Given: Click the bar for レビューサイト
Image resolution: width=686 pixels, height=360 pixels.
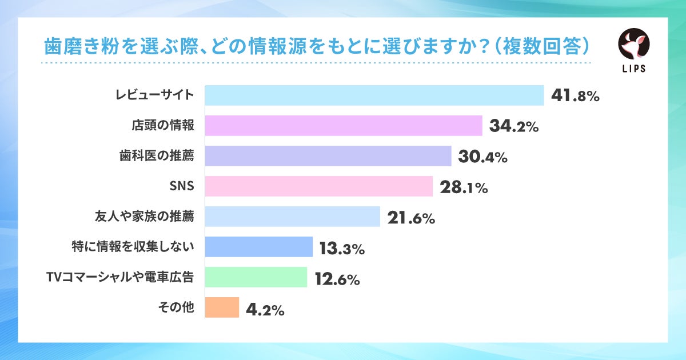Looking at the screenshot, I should point(374,95).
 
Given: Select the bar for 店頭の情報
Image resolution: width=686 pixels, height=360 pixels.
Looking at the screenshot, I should point(343,126).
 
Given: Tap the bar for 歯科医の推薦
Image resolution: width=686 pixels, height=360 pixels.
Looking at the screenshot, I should point(328,156).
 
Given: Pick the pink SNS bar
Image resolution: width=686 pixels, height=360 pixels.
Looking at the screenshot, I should point(318,186).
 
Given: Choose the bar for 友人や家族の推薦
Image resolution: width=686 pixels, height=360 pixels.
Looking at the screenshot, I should point(292,217).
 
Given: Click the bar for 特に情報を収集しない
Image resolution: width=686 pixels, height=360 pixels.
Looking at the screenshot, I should point(258,247).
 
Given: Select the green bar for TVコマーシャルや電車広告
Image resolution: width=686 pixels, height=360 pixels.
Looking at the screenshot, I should point(256,277).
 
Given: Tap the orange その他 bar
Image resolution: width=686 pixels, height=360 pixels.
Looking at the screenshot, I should point(222,307).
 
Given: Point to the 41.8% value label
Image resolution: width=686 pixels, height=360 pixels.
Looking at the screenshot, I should point(575,96).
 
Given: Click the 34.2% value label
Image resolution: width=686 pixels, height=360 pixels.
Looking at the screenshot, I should point(513,126).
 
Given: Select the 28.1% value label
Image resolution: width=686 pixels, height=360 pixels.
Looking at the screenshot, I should point(463,187).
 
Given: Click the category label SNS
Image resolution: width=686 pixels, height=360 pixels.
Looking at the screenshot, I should point(183,186).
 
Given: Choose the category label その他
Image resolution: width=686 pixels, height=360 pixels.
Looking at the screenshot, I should point(176,307).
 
